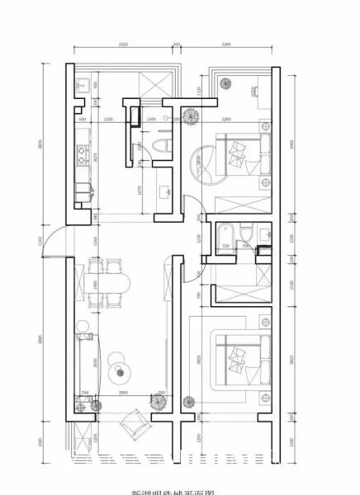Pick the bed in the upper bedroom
pyautogui.click(x=244, y=156)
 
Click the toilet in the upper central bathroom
pyautogui.click(x=163, y=146)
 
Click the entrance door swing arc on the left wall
pyautogui.click(x=51, y=241)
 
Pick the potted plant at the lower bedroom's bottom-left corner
pyautogui.click(x=189, y=402)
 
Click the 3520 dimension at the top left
pyautogui.click(x=122, y=45)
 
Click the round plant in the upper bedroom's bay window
pyautogui.click(x=228, y=83)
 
